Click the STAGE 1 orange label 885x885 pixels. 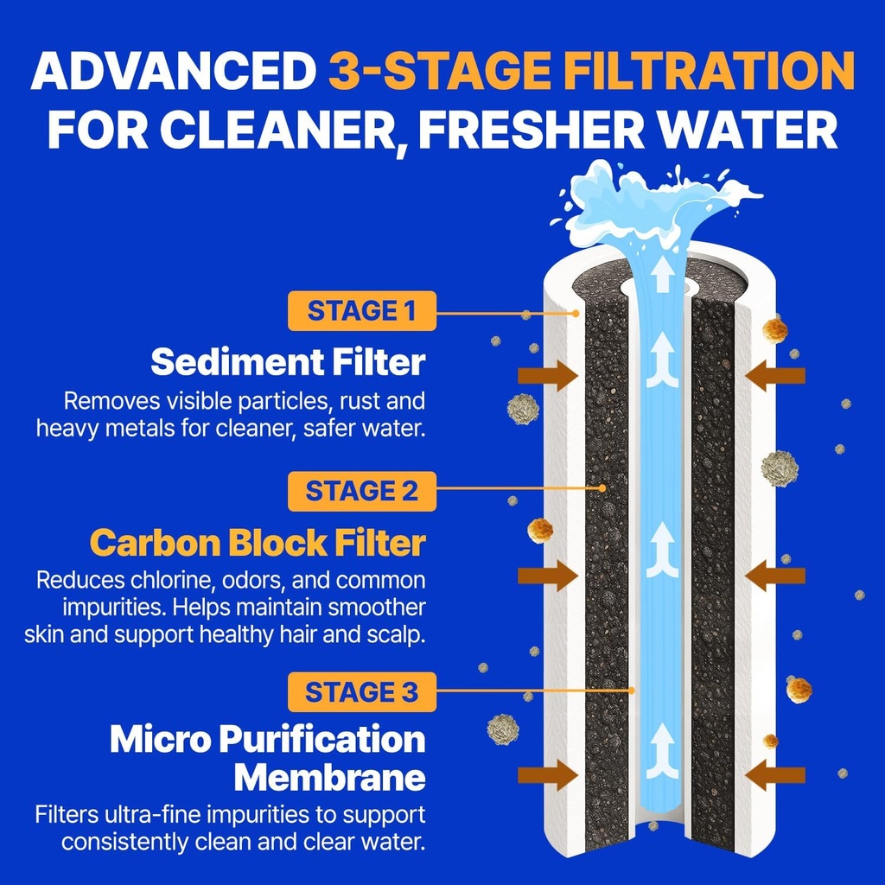point(361,311)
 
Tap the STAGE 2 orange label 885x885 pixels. point(361,491)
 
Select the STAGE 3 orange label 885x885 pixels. point(361,691)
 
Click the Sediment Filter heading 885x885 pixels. point(288,362)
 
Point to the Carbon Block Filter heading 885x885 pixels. point(258,544)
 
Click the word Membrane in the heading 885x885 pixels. point(330,777)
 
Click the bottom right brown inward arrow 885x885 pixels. point(775,774)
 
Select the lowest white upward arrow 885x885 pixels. point(662,745)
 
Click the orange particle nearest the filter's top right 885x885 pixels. point(775,328)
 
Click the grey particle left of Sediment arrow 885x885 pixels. point(522,408)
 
